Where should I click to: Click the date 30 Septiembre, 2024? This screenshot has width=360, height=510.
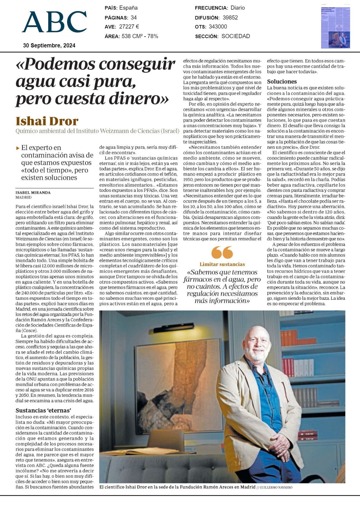(49, 45)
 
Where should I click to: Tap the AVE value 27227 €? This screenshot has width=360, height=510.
(129, 27)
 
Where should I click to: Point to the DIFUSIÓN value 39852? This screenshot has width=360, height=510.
(230, 17)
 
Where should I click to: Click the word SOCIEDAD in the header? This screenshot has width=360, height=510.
(236, 36)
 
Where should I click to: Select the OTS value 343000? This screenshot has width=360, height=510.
(218, 27)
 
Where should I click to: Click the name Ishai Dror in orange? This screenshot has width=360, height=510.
(47, 121)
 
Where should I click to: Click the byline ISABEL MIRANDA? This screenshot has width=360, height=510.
(33, 192)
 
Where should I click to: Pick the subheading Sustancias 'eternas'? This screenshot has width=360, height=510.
(43, 411)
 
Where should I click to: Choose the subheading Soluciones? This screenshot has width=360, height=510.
(282, 81)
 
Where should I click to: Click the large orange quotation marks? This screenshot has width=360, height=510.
(222, 252)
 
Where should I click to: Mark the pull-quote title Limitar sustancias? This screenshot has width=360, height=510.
(222, 264)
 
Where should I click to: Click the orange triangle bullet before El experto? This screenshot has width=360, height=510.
(18, 148)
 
